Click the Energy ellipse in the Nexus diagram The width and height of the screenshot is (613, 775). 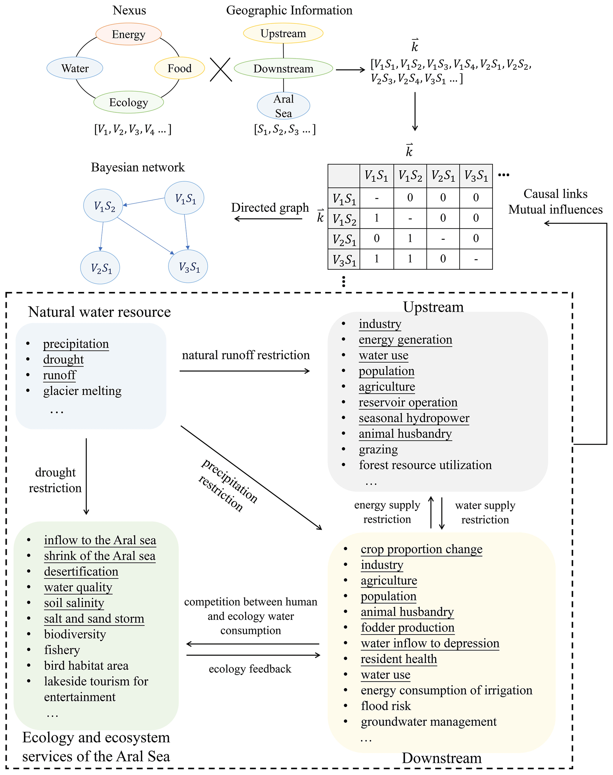[128, 34]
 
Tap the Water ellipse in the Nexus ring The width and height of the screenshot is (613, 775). [75, 68]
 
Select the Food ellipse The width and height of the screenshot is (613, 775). [179, 68]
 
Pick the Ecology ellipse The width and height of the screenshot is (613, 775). [128, 102]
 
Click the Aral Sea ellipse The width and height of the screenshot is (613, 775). [283, 106]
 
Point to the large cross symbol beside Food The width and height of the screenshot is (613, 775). [221, 70]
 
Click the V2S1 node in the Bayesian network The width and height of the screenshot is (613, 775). [100, 268]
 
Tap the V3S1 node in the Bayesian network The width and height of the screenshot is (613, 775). [188, 266]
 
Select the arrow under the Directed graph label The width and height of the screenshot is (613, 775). [268, 219]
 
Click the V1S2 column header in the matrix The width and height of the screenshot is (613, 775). [410, 176]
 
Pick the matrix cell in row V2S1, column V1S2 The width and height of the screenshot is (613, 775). [410, 238]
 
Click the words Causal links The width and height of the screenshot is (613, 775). [555, 194]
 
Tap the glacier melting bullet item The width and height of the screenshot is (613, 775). [82, 391]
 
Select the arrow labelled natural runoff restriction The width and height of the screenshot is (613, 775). [245, 371]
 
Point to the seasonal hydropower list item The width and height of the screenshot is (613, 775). [414, 418]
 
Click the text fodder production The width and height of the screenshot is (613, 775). [407, 628]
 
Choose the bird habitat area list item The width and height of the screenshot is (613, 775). [86, 666]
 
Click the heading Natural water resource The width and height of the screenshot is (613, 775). [99, 312]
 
